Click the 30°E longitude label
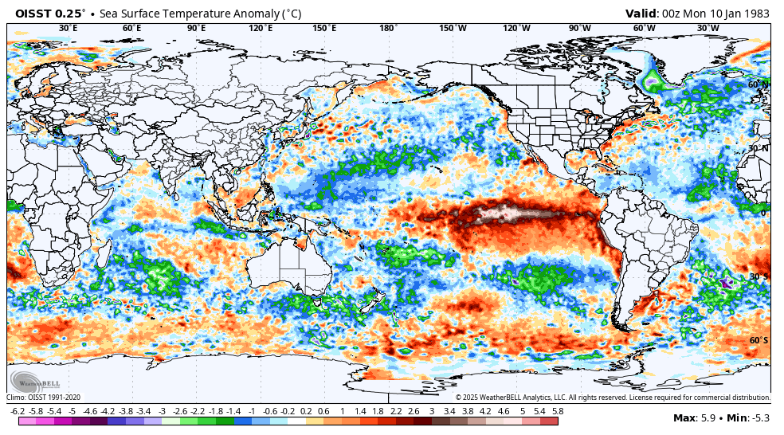[69, 28]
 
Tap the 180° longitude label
[388, 28]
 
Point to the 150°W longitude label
[453, 28]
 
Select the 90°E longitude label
[197, 28]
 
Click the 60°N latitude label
[758, 84]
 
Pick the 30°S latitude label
[758, 276]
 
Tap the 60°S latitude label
[758, 340]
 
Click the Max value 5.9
[705, 418]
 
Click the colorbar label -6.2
[18, 411]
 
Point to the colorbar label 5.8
[558, 411]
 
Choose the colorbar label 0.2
[306, 411]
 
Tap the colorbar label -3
[161, 411]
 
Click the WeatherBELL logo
[30, 380]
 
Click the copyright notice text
[613, 397]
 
